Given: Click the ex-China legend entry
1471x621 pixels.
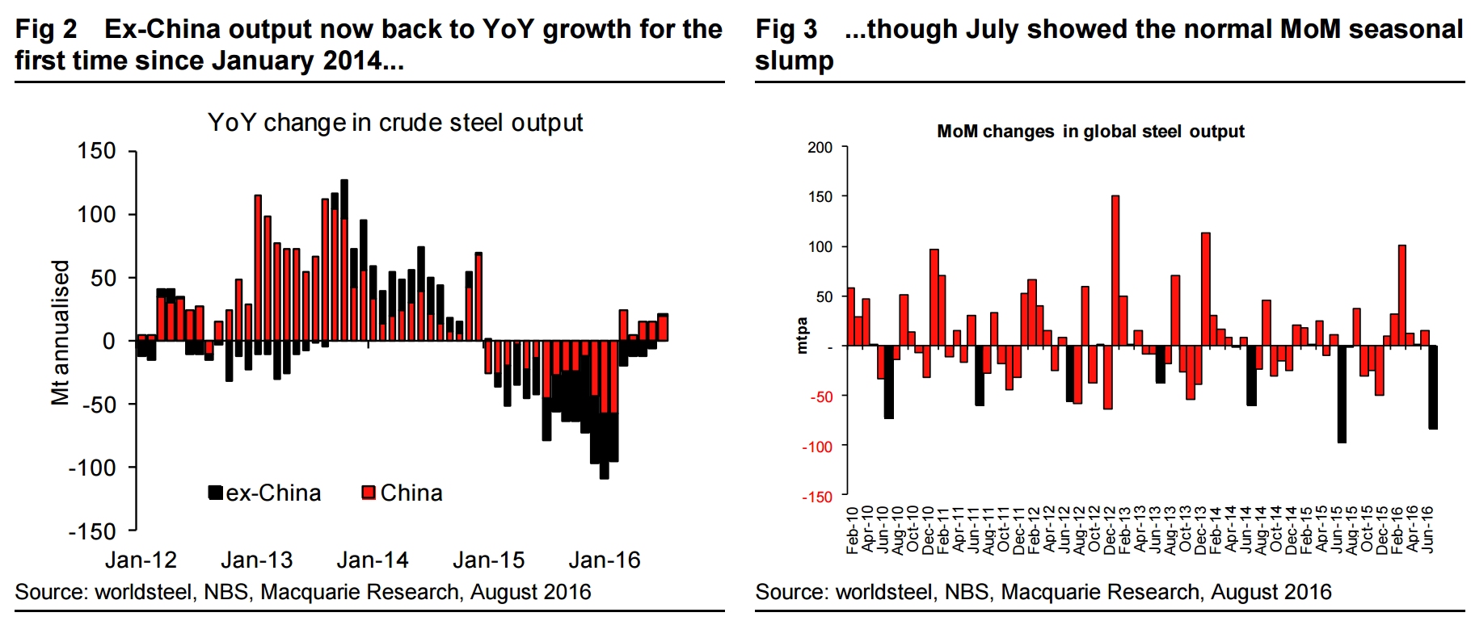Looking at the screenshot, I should [265, 493].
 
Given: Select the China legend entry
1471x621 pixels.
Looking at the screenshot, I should [403, 493].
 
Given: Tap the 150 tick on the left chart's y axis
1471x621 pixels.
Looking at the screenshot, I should [97, 151].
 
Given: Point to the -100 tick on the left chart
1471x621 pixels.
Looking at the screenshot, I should [92, 468].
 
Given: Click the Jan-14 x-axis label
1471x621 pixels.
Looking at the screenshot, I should [373, 560].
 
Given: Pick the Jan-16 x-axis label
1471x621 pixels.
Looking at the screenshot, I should [605, 560].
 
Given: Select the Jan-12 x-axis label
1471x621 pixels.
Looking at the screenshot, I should [141, 560].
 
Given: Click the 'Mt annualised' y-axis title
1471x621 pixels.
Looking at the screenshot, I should [61, 332].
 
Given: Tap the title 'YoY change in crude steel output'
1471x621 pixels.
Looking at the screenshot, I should [395, 123].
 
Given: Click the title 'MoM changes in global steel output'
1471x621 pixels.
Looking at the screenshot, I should [1090, 132].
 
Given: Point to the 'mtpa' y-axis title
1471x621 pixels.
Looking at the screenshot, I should [802, 335].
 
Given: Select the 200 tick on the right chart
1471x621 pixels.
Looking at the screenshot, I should [820, 148].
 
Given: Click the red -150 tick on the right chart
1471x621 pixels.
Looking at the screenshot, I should [817, 497].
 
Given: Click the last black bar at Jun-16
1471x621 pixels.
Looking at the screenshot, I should [1433, 387].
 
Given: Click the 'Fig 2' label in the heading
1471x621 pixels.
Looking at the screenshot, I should [46, 29].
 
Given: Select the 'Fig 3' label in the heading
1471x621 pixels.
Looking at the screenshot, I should [786, 29].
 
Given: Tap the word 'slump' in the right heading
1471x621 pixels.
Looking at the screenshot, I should [795, 61].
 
